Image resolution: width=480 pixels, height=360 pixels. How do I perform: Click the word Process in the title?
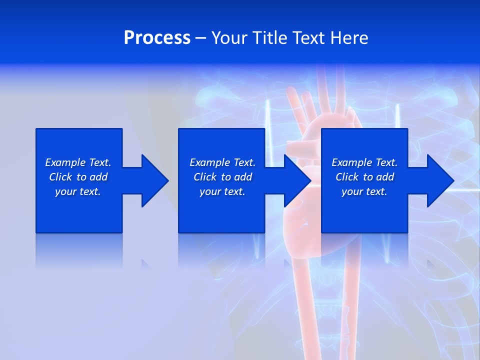157,38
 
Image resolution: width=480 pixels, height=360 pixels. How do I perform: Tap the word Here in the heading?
349,38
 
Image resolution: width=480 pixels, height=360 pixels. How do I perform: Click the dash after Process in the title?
200,38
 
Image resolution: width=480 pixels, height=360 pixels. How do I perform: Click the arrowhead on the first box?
154,180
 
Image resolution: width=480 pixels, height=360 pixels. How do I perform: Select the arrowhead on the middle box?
296,180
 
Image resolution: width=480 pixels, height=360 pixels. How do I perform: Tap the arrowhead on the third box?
439,180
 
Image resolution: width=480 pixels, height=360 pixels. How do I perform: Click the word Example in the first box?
65,162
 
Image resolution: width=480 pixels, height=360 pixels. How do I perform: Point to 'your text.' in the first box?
78,191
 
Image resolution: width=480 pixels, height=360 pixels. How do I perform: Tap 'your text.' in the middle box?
222,191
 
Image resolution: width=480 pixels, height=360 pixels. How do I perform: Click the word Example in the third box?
352,162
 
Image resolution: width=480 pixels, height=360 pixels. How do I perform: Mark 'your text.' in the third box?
364,191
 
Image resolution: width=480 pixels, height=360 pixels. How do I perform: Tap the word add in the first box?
99,177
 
